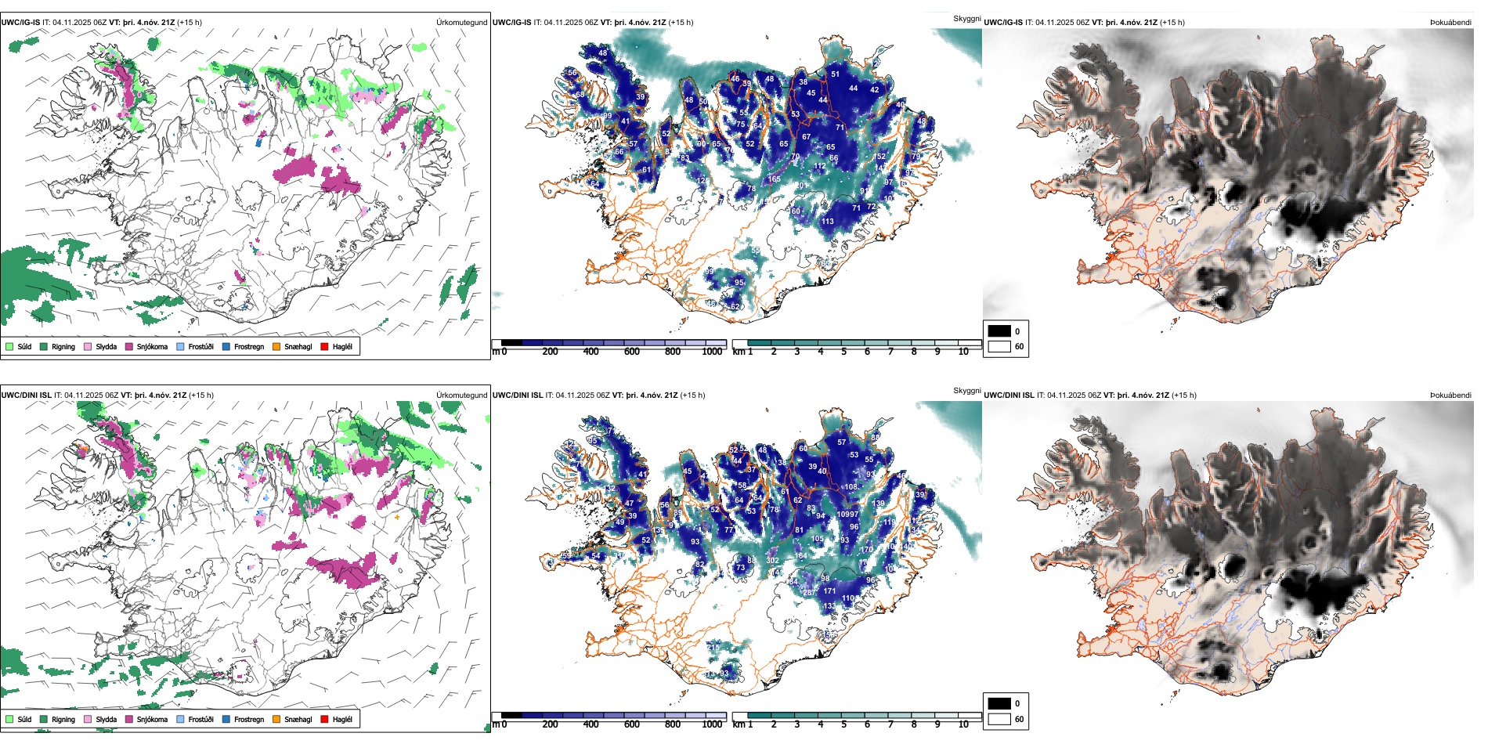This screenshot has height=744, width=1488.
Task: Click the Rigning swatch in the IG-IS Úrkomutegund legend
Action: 44,346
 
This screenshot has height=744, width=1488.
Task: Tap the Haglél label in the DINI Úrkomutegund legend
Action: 342,719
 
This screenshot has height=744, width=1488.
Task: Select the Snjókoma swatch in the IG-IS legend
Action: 129,346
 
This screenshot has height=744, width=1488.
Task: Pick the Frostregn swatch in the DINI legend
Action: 226,719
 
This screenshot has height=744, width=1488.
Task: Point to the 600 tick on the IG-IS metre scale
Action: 631,352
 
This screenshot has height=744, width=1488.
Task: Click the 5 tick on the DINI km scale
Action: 843,724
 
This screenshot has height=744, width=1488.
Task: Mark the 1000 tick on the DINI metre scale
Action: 712,724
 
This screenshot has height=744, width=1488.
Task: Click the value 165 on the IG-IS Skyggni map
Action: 774,179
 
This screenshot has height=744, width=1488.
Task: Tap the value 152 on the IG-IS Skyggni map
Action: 879,157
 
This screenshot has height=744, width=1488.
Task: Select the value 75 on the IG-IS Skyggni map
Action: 740,125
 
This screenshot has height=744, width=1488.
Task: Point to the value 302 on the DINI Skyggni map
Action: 773,561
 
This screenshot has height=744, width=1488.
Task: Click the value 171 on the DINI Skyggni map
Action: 829,591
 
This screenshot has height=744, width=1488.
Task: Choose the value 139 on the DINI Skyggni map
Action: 878,504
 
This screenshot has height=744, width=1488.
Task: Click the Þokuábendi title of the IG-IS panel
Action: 1450,23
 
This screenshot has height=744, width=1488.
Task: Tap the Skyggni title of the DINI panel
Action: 966,391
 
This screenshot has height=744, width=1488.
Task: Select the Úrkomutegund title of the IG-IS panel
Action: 461,23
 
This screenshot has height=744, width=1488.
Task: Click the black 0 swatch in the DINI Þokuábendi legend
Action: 999,703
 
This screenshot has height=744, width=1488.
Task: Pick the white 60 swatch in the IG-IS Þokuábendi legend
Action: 999,346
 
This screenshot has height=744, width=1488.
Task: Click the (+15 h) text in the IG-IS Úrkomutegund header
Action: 190,23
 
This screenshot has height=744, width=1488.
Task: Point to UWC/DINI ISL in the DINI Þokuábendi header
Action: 1009,395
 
